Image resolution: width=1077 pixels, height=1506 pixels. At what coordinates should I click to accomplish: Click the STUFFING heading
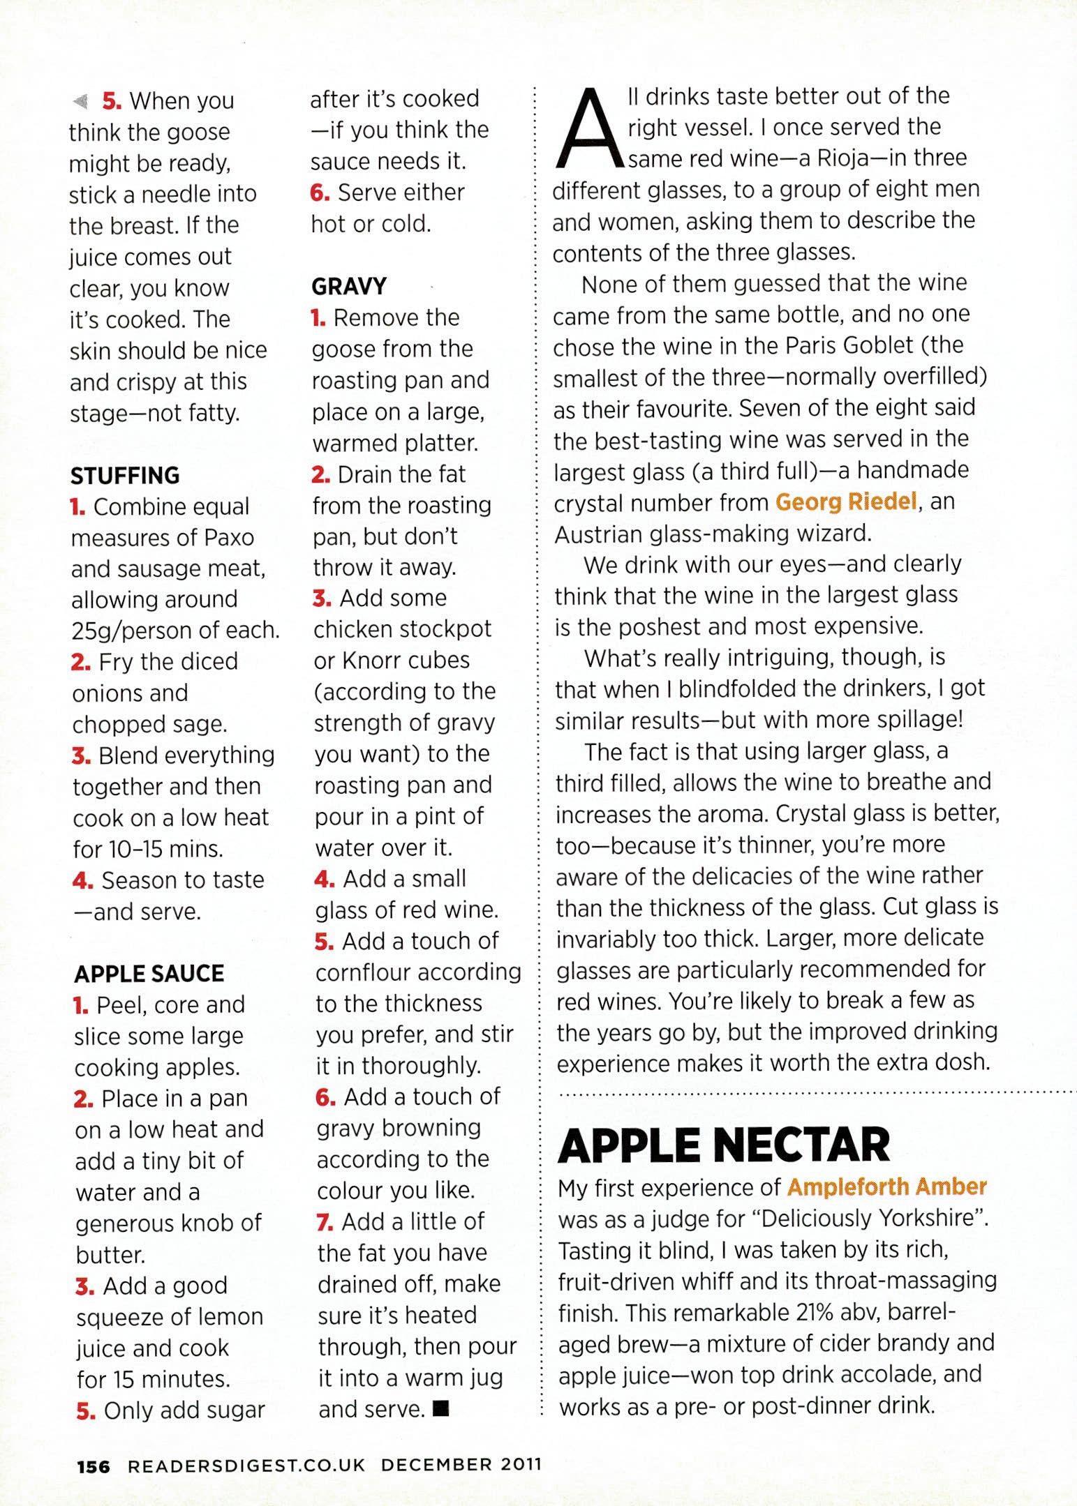(125, 476)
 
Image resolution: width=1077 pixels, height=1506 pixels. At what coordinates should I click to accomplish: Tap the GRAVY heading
(348, 287)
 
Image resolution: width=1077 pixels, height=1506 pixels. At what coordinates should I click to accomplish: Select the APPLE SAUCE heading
(149, 974)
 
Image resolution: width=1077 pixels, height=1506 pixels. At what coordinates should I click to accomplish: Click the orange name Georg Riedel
(845, 502)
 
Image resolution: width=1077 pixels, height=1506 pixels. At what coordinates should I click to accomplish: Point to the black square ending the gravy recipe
(440, 1409)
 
